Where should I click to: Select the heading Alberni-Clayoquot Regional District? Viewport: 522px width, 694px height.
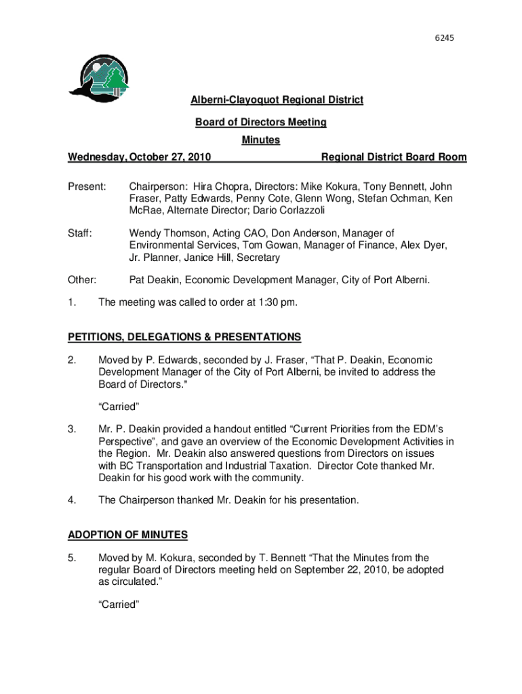click(277, 100)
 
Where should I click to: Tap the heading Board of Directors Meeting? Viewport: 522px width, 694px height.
click(261, 123)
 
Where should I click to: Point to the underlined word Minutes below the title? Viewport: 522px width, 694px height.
click(261, 140)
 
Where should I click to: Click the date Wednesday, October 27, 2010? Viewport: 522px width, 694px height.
click(139, 157)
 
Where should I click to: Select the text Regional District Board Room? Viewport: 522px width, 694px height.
click(394, 157)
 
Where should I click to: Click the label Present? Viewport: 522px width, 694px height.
click(87, 186)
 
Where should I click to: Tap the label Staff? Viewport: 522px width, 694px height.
click(80, 234)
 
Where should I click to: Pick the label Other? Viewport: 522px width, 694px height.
click(82, 280)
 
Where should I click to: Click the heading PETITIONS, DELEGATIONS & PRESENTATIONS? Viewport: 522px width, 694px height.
click(184, 337)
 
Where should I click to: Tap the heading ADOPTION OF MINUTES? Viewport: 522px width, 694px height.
click(128, 535)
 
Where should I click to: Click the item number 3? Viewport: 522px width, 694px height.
click(71, 429)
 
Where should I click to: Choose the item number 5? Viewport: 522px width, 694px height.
click(71, 558)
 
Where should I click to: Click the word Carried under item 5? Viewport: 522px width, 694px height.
click(119, 605)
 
